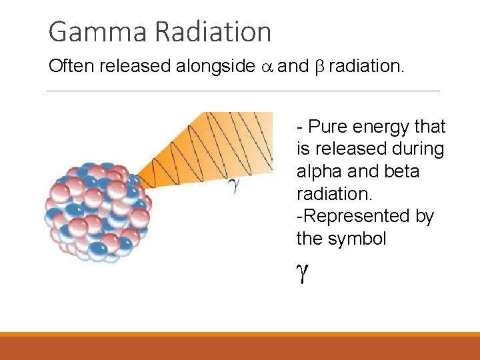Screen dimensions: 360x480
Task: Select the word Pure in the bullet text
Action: [x=327, y=127]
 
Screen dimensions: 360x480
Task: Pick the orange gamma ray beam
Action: [x=220, y=147]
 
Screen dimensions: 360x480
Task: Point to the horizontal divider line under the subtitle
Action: [x=243, y=91]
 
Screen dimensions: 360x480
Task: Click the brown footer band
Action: [x=240, y=348]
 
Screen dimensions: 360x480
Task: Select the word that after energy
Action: [x=430, y=127]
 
